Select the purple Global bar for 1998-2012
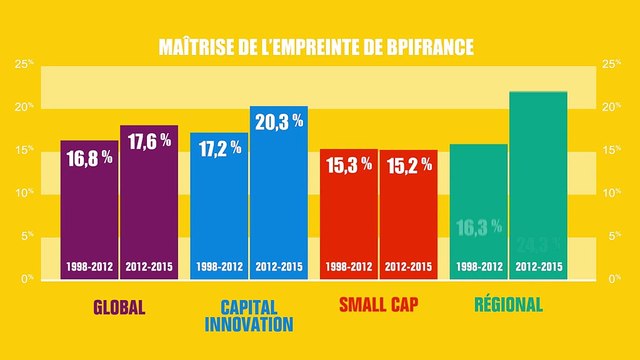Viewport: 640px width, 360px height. tap(89, 210)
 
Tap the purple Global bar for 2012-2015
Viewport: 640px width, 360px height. tap(148, 205)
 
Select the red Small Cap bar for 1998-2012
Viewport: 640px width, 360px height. tap(349, 215)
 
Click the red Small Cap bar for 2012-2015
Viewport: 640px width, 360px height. tap(408, 215)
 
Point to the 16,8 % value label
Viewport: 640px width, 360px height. tap(89, 158)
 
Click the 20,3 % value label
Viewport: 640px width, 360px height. tap(278, 123)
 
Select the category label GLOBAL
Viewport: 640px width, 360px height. tap(119, 305)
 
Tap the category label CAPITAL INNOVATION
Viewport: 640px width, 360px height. tap(248, 314)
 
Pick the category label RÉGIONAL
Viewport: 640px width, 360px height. tap(508, 305)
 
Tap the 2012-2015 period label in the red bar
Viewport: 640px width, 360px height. tap(408, 267)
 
